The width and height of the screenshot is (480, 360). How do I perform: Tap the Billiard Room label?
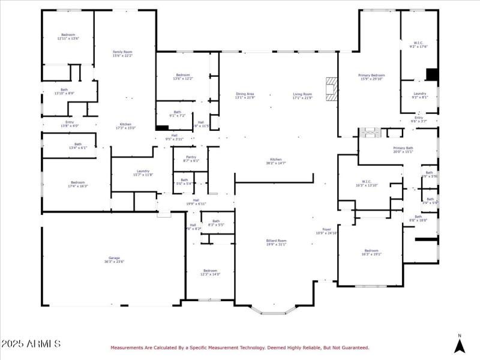[x=277, y=242]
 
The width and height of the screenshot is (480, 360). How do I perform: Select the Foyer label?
[x=327, y=231]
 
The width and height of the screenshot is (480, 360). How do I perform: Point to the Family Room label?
[x=122, y=53]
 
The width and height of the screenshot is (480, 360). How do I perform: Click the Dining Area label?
[x=245, y=95]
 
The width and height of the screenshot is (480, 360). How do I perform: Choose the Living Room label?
[x=302, y=95]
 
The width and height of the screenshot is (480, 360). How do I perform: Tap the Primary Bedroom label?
[x=372, y=76]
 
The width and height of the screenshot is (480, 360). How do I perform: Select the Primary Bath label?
[x=403, y=149]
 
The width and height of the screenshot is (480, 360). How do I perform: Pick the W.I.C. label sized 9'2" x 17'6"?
[x=419, y=44]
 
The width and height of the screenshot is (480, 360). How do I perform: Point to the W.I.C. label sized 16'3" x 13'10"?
[x=367, y=184]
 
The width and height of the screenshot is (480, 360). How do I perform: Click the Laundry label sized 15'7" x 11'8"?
[x=143, y=173]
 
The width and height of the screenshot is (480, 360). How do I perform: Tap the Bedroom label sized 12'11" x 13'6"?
[x=68, y=36]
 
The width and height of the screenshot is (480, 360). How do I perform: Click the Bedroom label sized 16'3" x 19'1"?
[x=371, y=252]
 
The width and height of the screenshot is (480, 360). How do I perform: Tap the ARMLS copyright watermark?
[x=31, y=344]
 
